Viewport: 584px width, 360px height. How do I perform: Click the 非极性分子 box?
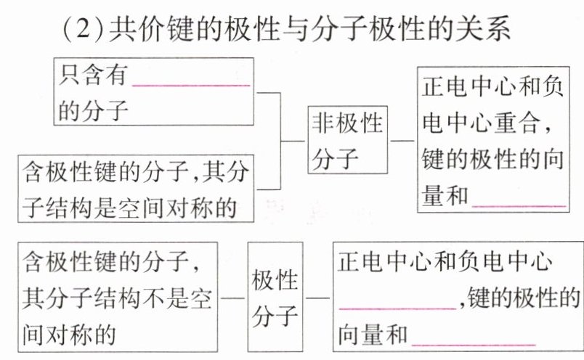pyautogui.click(x=347, y=140)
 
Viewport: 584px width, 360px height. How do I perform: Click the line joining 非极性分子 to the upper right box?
pyautogui.click(x=402, y=140)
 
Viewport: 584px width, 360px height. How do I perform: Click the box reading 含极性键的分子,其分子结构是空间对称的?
pyautogui.click(x=137, y=187)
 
